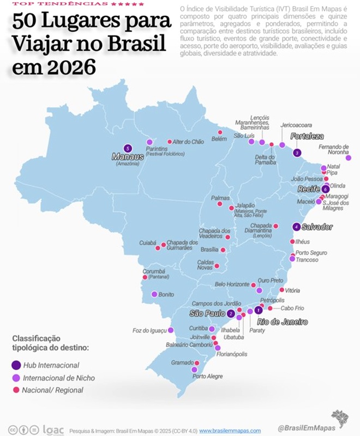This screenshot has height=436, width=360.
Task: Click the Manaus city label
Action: point(127,156)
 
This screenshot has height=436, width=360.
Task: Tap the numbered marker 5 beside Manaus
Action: point(128,147)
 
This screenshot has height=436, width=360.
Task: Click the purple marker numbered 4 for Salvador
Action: point(296,227)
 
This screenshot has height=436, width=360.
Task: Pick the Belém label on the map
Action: point(219,139)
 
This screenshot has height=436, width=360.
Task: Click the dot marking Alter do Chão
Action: point(170,142)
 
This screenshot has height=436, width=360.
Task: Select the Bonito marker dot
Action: point(154,294)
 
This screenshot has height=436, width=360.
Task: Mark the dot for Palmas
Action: point(220,204)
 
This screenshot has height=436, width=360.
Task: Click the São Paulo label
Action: point(207,314)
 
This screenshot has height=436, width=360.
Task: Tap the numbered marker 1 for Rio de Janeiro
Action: point(259,310)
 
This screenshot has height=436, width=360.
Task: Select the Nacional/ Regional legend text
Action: point(53,390)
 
